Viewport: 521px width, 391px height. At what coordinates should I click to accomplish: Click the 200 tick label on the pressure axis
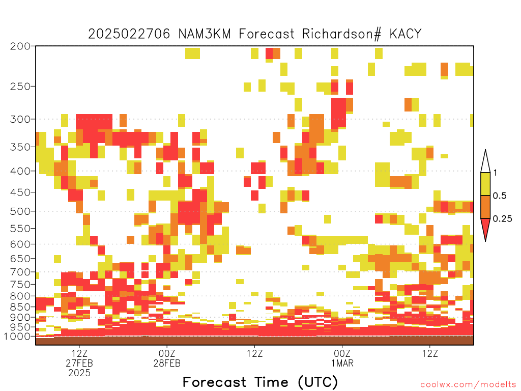(x=20, y=46)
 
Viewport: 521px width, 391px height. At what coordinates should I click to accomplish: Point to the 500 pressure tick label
(x=20, y=211)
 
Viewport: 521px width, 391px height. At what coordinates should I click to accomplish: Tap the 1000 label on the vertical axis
(x=17, y=337)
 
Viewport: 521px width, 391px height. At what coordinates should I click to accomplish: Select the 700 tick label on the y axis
(x=20, y=272)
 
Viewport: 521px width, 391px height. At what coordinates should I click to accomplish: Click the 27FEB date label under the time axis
(x=79, y=363)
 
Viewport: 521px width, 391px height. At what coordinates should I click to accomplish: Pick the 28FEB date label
(x=167, y=363)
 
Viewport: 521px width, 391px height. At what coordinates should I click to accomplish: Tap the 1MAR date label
(x=342, y=363)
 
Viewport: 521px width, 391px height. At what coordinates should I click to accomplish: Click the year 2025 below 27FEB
(x=79, y=373)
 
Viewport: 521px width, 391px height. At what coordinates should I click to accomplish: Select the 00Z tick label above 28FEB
(x=167, y=353)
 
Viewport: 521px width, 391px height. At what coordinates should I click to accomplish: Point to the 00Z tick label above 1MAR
(x=342, y=353)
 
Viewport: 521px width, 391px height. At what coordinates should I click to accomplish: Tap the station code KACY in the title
(x=406, y=34)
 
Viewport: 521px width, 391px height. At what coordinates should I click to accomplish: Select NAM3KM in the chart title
(x=205, y=34)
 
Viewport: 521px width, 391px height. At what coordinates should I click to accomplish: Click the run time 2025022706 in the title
(x=129, y=34)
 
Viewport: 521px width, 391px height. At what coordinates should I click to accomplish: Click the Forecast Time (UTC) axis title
(x=260, y=382)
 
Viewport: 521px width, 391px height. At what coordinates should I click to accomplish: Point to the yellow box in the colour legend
(x=485, y=184)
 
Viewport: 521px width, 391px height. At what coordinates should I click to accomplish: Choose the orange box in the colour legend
(x=485, y=207)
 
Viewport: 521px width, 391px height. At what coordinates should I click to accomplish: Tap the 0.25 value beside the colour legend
(x=502, y=218)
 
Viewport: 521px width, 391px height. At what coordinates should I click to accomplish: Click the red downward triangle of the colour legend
(x=485, y=227)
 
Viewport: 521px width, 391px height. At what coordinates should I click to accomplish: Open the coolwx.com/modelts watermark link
(x=469, y=385)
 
